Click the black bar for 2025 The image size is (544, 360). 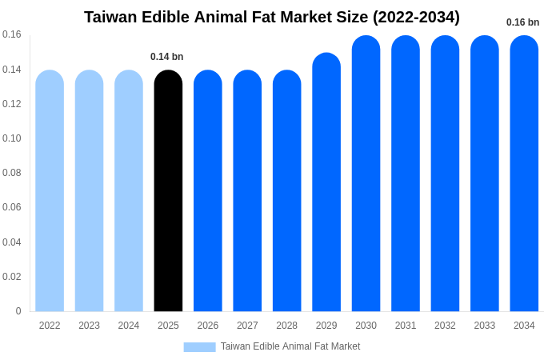[x=168, y=192]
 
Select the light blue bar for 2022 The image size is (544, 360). [x=50, y=192]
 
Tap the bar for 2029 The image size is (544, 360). [x=326, y=184]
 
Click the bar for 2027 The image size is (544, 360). [x=247, y=192]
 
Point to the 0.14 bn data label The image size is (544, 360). [x=167, y=57]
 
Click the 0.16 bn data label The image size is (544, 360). [x=522, y=22]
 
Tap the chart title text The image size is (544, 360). [x=272, y=17]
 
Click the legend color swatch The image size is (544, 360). [x=199, y=347]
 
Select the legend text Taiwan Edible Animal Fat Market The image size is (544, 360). [x=290, y=346]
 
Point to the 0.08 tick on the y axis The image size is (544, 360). [x=12, y=173]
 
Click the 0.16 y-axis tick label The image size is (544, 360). [x=12, y=34]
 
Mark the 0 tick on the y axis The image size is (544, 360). [x=18, y=311]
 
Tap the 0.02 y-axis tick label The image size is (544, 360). [x=12, y=277]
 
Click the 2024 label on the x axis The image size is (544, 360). [x=129, y=326]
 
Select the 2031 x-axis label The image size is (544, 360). [x=406, y=326]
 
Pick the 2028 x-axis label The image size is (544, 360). [x=286, y=326]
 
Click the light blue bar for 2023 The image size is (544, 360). [x=89, y=192]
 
